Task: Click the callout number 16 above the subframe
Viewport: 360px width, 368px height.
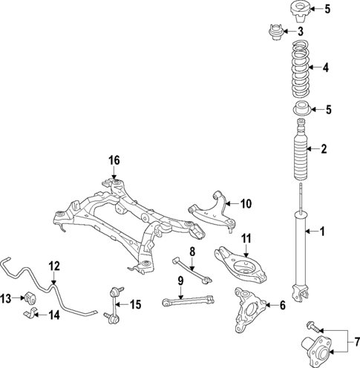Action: tap(114, 160)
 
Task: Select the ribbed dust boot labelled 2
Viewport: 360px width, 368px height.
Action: tap(301, 149)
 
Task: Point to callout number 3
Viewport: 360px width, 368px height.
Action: tap(300, 32)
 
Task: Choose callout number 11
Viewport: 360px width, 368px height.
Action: tap(246, 238)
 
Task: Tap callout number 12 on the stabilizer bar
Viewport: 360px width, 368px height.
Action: tap(53, 266)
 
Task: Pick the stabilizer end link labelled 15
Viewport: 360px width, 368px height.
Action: tap(114, 303)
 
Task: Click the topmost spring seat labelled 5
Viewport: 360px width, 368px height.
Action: tap(297, 10)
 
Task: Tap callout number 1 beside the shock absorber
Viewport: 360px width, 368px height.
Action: tap(322, 231)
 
